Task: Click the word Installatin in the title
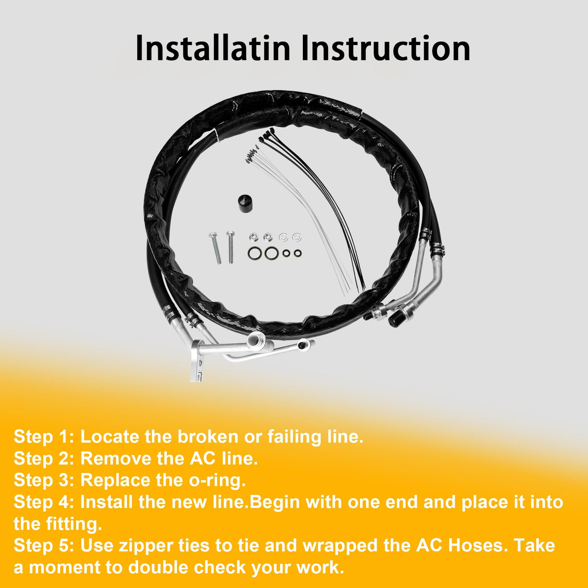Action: (x=213, y=48)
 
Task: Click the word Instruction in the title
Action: (x=386, y=48)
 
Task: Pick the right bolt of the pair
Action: (x=230, y=247)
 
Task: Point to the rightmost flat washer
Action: (x=296, y=236)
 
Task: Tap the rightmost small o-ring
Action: (x=297, y=253)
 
